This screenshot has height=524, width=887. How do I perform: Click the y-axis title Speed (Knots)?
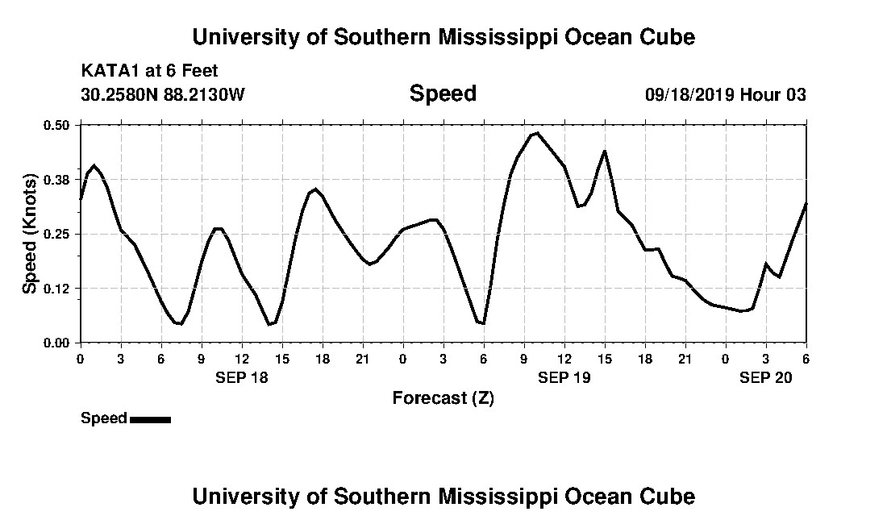pos(30,233)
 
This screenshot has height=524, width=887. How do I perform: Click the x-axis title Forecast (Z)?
pos(443,397)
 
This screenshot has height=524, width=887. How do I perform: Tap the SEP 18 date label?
pos(242,376)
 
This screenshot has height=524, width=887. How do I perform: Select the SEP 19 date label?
pos(564,376)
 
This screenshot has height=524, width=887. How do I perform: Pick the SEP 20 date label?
pos(766,376)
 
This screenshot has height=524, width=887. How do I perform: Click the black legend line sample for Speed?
pos(150,419)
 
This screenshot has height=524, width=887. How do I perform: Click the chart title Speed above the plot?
pos(443,94)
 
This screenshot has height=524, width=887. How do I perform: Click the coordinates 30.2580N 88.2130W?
pos(162,94)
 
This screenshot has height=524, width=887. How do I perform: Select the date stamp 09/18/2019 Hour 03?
pos(725,94)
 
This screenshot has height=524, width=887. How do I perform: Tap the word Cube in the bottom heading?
pos(669,496)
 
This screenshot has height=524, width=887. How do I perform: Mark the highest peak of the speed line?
pos(536,133)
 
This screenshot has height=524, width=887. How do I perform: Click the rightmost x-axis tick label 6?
pos(806,359)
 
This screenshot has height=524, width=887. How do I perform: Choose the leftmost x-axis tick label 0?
pos(80,359)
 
